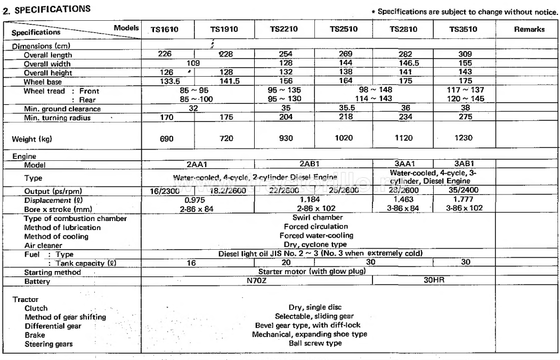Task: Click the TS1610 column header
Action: pos(165,30)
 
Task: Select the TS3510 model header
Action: pos(463,30)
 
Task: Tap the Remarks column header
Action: pos(529,30)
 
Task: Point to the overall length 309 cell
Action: pos(463,55)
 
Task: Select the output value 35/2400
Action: pos(463,191)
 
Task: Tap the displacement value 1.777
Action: pos(463,200)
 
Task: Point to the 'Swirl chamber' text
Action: pos(318,217)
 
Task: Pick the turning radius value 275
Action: pos(463,117)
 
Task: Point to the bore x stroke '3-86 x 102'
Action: pos(463,208)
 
